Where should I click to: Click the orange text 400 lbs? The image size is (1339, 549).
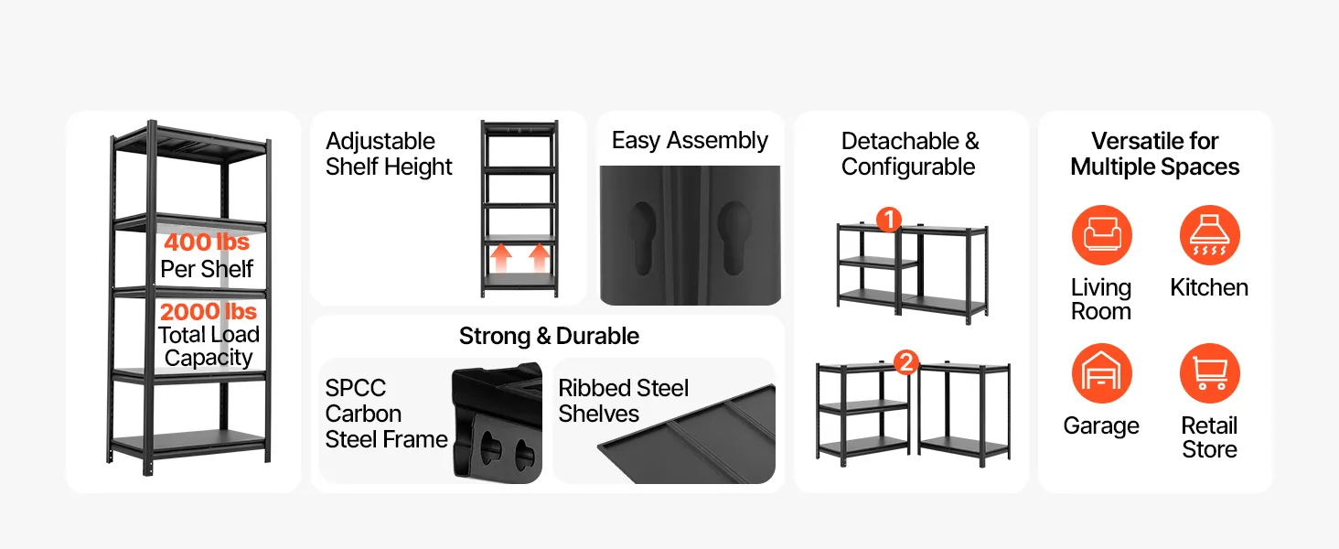coord(207,242)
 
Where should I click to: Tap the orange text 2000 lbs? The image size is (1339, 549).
coord(208,312)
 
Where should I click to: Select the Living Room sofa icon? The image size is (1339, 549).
coord(1102,235)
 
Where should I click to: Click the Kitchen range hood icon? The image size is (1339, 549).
coord(1209,235)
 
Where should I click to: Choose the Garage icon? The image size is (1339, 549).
coord(1102,373)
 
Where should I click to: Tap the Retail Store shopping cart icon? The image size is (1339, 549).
coord(1209,373)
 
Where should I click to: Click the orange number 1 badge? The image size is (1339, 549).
coord(889,220)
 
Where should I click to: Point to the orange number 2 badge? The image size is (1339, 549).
coord(906,362)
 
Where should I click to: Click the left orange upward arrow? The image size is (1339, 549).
coord(501,258)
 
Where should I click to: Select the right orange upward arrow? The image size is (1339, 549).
coord(540,258)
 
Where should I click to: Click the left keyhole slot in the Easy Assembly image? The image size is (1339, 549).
coord(644,238)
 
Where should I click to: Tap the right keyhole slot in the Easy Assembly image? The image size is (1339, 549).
coord(734,238)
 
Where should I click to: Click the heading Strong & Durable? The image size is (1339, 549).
coord(549,336)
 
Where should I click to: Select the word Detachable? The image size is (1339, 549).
coord(900,141)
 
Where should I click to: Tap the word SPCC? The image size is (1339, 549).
coord(356,388)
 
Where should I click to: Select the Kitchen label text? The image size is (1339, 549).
coord(1209,287)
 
